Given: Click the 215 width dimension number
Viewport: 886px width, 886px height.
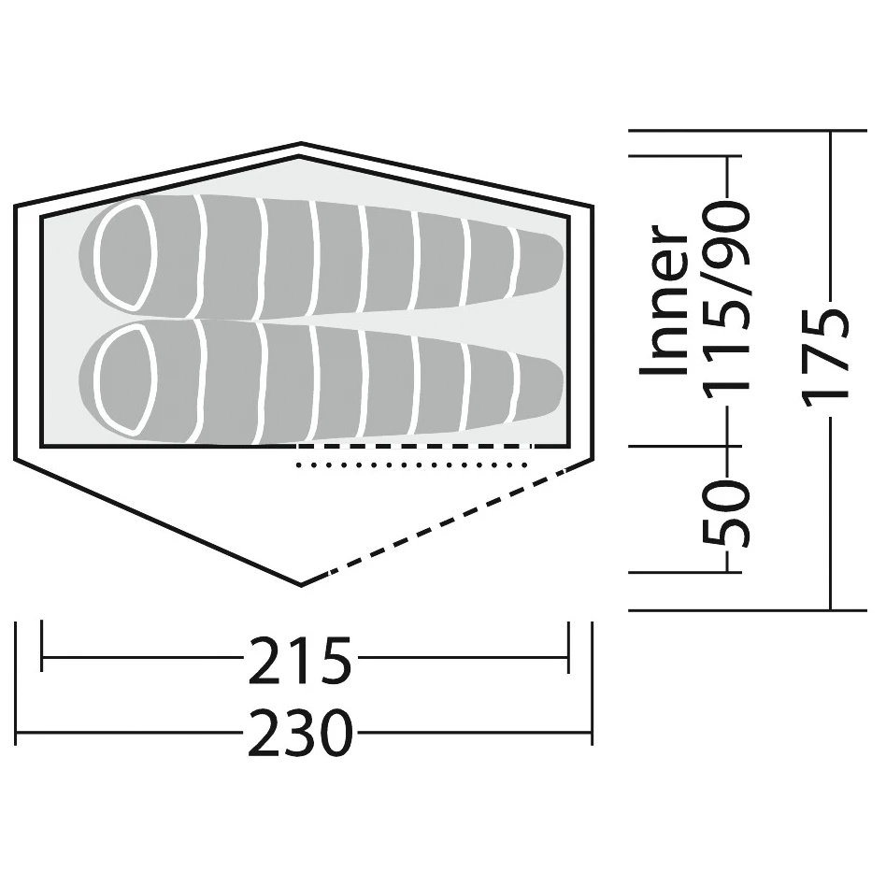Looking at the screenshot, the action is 299,660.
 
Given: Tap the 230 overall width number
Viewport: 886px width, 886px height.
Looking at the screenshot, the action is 300,733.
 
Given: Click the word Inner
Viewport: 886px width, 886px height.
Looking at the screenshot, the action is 664,300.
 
